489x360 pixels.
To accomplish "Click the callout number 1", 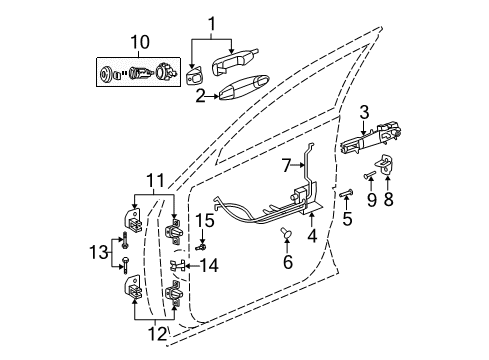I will [x=211, y=23].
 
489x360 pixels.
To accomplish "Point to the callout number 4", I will [x=312, y=236].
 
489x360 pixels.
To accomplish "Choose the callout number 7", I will [x=285, y=163].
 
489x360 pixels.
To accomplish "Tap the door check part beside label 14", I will [x=180, y=265].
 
